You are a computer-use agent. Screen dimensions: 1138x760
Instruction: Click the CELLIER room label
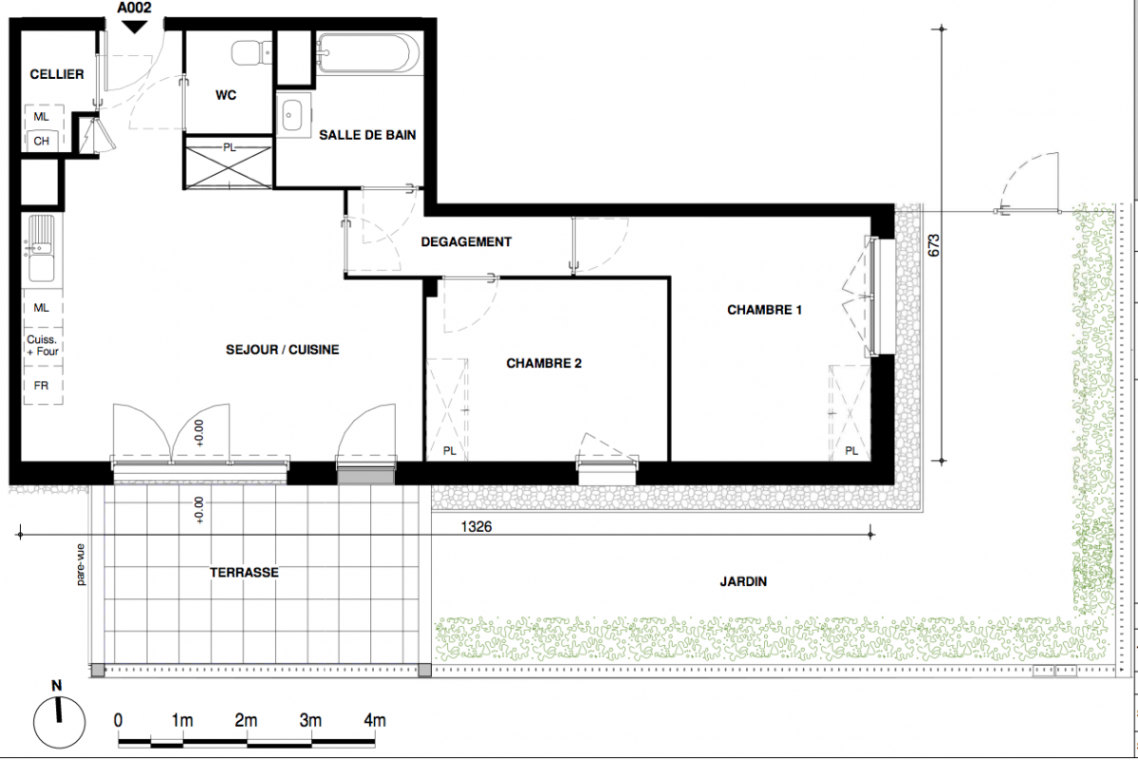[x=57, y=74]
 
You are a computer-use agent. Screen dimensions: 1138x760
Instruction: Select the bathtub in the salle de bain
[x=368, y=52]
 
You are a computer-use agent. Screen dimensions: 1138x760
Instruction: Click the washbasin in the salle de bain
[x=293, y=114]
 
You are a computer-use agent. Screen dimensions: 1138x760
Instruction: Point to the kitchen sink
[x=42, y=249]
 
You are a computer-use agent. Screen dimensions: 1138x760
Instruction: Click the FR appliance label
[x=42, y=385]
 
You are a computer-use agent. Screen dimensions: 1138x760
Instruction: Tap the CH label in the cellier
[x=42, y=141]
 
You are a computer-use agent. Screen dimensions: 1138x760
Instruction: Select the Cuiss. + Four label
[x=42, y=345]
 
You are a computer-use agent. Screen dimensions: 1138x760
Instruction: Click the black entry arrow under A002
[x=134, y=27]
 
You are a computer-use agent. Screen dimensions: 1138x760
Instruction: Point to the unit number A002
[x=134, y=8]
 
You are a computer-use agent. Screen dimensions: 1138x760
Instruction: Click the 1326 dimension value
[x=476, y=526]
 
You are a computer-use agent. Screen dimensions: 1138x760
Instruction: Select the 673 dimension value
[x=934, y=245]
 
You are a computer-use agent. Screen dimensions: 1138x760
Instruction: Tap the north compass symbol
[x=59, y=721]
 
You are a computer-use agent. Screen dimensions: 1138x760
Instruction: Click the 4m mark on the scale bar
[x=375, y=721]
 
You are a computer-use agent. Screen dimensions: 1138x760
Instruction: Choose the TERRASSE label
[x=244, y=573]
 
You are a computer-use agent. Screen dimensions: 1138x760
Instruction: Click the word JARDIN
[x=743, y=581]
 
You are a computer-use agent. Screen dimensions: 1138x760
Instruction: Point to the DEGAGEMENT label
[x=466, y=242]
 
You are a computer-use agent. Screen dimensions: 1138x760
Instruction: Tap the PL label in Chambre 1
[x=851, y=451]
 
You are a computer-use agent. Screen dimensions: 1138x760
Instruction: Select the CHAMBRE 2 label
[x=544, y=363]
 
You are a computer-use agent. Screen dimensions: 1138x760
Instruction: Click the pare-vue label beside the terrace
[x=81, y=564]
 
